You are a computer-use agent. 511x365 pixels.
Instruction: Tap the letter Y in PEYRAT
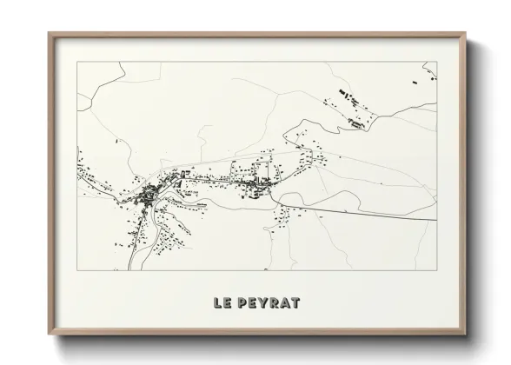260,303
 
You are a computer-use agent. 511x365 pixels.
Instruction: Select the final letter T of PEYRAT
295,303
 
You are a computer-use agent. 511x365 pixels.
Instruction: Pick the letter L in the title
216,303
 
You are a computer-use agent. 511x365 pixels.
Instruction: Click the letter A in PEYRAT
283,303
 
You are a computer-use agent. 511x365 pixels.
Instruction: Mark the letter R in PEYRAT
271,303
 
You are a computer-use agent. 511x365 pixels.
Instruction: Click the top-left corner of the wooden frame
49,34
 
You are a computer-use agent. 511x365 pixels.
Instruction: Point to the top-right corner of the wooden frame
466,34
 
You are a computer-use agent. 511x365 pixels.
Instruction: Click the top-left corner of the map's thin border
77,62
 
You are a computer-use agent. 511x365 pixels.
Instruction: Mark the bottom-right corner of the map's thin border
436,270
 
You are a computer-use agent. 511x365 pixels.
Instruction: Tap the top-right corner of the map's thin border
436,62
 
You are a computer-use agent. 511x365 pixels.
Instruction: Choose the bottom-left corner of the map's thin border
77,270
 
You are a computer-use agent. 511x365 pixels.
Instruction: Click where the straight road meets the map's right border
435,220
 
